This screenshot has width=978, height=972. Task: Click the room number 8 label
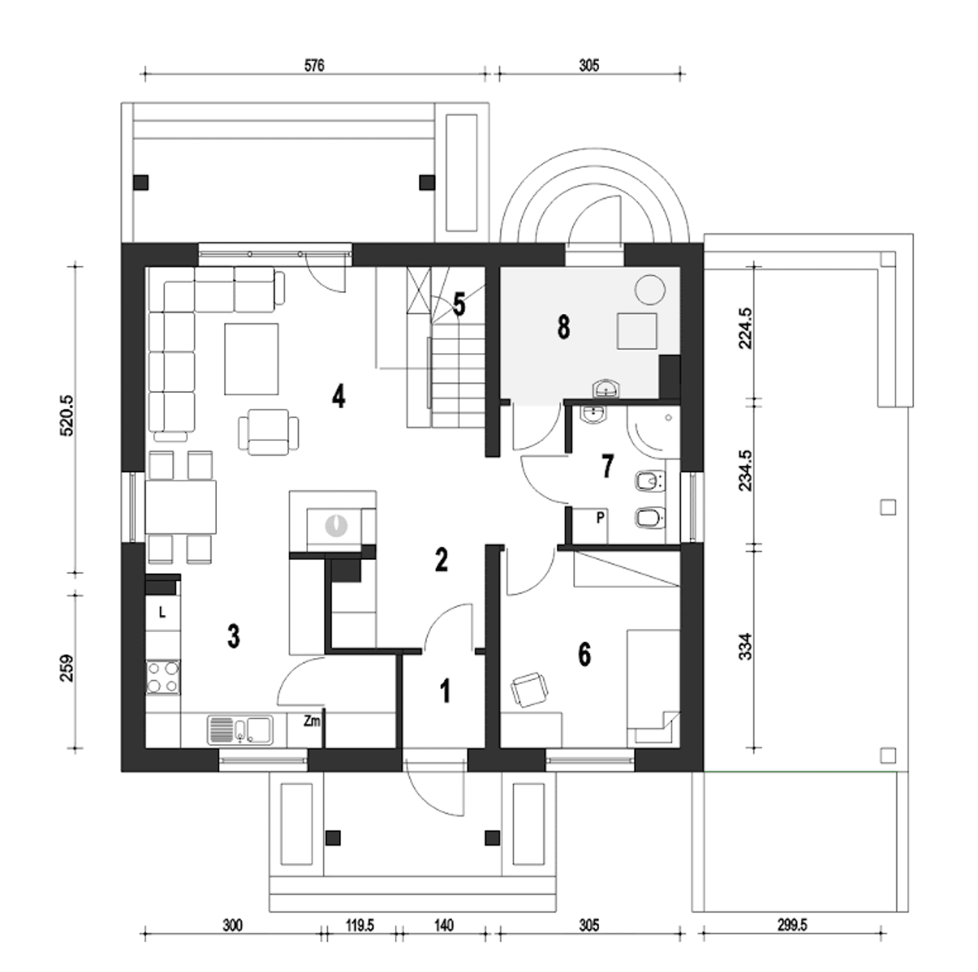pyautogui.click(x=563, y=327)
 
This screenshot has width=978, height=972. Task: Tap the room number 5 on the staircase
pyautogui.click(x=458, y=305)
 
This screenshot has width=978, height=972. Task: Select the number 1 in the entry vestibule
pyautogui.click(x=445, y=692)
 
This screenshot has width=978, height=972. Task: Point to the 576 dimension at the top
pyautogui.click(x=314, y=66)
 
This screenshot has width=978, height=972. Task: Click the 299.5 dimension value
pyautogui.click(x=792, y=926)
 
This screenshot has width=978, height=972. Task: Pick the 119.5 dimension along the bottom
pyautogui.click(x=361, y=926)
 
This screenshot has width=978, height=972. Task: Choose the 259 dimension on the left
pyautogui.click(x=67, y=668)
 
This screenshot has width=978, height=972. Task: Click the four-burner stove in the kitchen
pyautogui.click(x=163, y=677)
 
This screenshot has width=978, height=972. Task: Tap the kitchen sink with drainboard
pyautogui.click(x=240, y=731)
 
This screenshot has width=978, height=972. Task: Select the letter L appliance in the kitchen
pyautogui.click(x=163, y=613)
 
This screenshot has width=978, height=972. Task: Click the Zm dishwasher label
pyautogui.click(x=312, y=721)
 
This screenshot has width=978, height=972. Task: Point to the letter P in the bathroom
pyautogui.click(x=601, y=518)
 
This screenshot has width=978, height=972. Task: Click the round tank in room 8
pyautogui.click(x=649, y=290)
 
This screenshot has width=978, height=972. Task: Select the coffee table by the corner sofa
pyautogui.click(x=251, y=359)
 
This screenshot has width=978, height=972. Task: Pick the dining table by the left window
pyautogui.click(x=180, y=507)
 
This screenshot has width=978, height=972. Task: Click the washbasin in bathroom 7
pyautogui.click(x=593, y=414)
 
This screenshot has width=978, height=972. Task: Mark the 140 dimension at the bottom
pyautogui.click(x=444, y=926)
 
